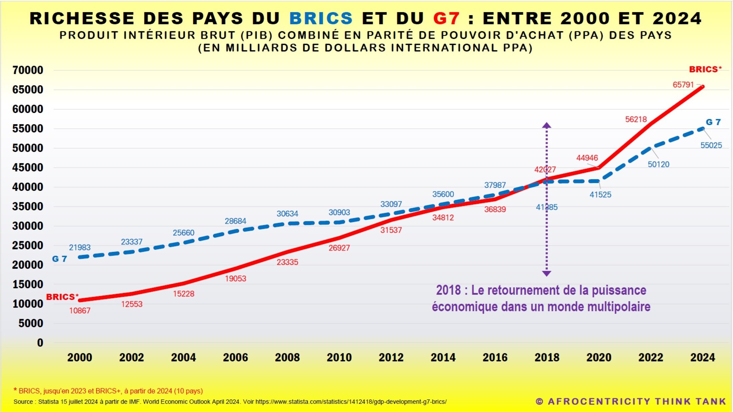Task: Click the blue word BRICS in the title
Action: click(x=321, y=18)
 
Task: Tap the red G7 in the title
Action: click(x=446, y=18)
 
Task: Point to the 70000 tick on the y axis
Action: click(x=28, y=70)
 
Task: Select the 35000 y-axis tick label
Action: click(x=28, y=206)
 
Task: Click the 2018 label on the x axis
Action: click(x=547, y=357)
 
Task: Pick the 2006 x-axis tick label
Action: click(x=235, y=357)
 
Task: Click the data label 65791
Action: click(x=683, y=85)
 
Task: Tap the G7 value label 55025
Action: click(x=711, y=145)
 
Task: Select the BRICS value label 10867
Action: click(x=80, y=311)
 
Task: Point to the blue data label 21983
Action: click(x=80, y=247)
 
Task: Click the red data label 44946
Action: click(x=587, y=158)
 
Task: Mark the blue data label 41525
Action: click(x=600, y=195)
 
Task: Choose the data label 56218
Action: click(x=636, y=119)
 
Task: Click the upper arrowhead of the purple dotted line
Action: click(x=546, y=126)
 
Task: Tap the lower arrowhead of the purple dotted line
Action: click(x=546, y=273)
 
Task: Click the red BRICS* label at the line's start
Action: click(x=62, y=297)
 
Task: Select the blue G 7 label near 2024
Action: click(x=713, y=122)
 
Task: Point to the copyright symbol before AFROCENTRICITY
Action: click(x=539, y=402)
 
